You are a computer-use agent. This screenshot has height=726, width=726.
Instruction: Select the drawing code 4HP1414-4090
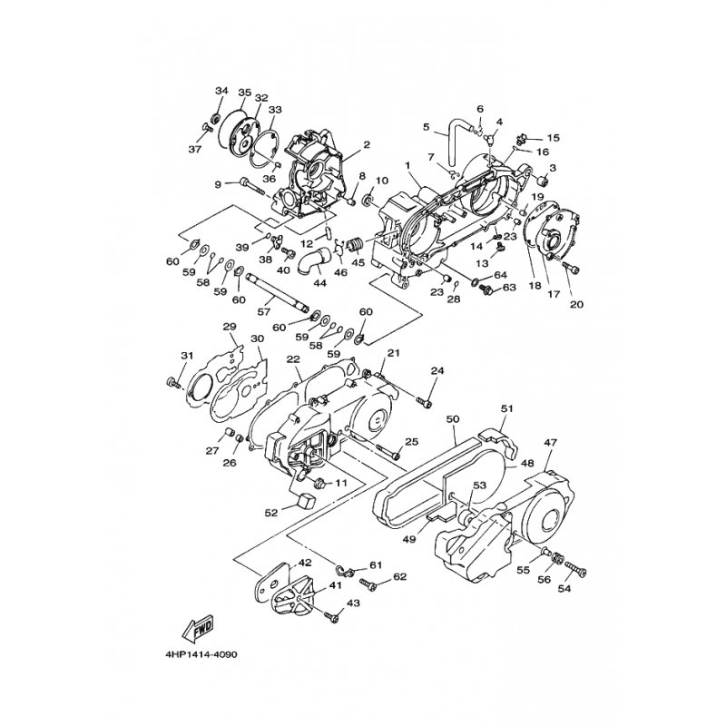[x=201, y=655]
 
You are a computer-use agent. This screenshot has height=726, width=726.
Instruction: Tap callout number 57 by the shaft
[x=263, y=312]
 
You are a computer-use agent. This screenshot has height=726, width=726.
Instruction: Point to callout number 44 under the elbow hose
[x=320, y=282]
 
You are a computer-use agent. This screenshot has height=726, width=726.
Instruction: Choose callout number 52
[x=271, y=513]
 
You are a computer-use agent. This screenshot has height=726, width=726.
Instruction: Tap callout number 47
[x=550, y=442]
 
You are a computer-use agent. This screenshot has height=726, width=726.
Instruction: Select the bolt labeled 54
[x=575, y=570]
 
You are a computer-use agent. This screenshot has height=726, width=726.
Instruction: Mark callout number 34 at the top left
[x=221, y=91]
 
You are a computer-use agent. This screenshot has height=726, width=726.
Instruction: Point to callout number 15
[x=553, y=138]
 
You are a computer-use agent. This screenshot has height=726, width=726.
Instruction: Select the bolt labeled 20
[x=571, y=268]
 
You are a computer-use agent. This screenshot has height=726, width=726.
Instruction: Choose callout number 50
[x=452, y=419]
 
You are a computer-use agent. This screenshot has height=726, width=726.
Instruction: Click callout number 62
[x=400, y=576]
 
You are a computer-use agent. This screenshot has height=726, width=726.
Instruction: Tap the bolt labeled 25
[x=388, y=452]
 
